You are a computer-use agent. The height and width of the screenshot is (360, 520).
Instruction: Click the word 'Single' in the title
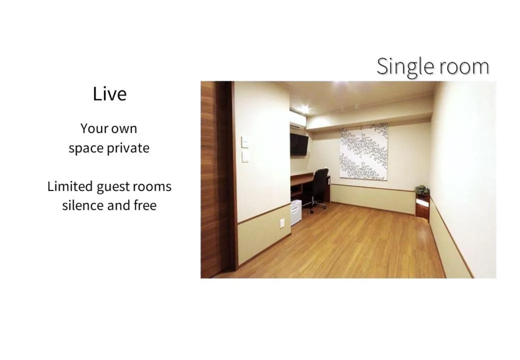click(400, 67)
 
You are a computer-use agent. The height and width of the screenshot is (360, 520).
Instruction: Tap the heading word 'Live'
click(109, 94)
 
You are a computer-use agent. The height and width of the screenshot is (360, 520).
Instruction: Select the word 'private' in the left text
click(126, 148)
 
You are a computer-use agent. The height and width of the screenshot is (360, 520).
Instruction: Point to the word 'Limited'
click(70, 186)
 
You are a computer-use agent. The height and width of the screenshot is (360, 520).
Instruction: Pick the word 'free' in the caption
click(145, 205)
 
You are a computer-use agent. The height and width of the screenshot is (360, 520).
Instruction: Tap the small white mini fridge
click(296, 212)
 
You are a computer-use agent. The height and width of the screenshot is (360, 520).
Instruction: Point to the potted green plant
click(422, 190)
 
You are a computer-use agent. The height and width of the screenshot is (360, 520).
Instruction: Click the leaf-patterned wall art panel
click(363, 151)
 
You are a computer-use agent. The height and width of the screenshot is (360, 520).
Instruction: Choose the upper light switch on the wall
click(245, 142)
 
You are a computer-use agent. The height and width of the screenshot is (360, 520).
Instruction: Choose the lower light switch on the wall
click(245, 157)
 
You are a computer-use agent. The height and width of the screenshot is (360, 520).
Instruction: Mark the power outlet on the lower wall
click(282, 223)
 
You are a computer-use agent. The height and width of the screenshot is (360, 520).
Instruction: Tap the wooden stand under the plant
click(422, 206)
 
